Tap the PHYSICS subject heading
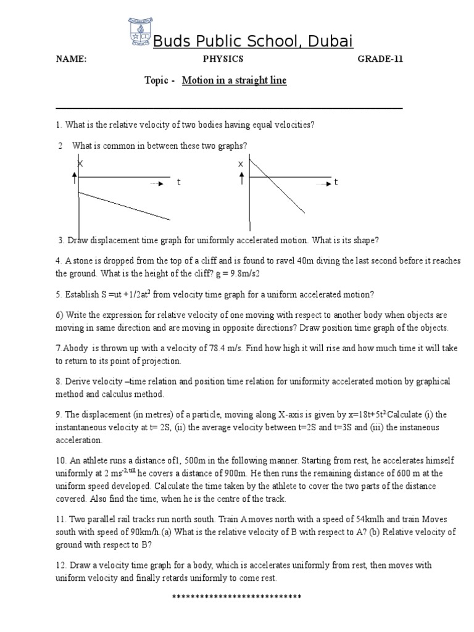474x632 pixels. [x=223, y=59]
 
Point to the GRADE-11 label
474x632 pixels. [x=381, y=59]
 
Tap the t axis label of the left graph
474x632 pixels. [x=179, y=183]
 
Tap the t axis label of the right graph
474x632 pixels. [x=336, y=183]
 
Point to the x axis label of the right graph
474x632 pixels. [x=241, y=164]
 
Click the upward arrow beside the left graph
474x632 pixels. [x=75, y=178]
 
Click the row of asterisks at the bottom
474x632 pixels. [x=236, y=597]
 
